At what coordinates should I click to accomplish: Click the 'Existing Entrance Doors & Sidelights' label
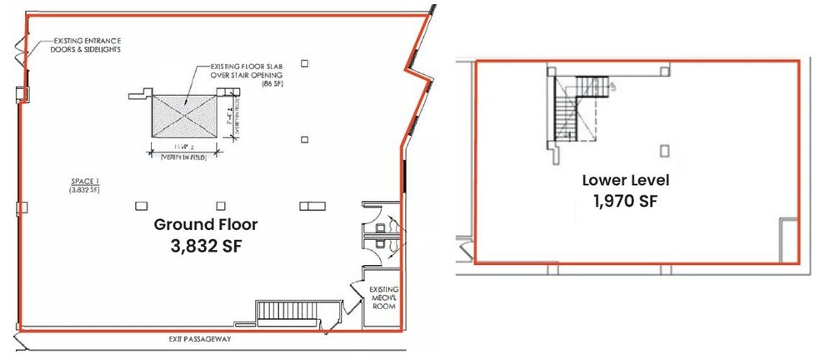[x=87, y=45]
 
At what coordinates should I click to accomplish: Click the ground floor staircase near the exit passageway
[x=287, y=312]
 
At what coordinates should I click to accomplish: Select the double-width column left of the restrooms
[x=313, y=206]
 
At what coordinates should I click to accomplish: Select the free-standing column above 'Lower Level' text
[x=664, y=151]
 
